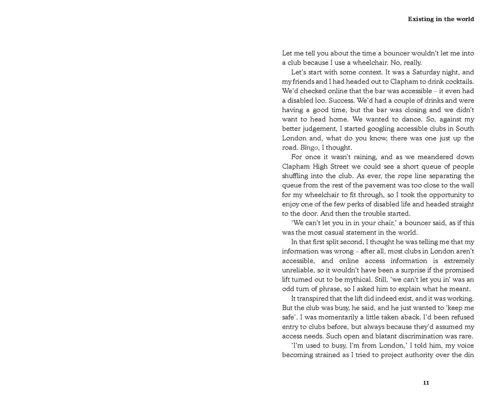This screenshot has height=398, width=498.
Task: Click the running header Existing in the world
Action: coord(441,19)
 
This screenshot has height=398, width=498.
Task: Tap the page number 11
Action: coord(426,383)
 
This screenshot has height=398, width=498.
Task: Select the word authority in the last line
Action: coord(416,355)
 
